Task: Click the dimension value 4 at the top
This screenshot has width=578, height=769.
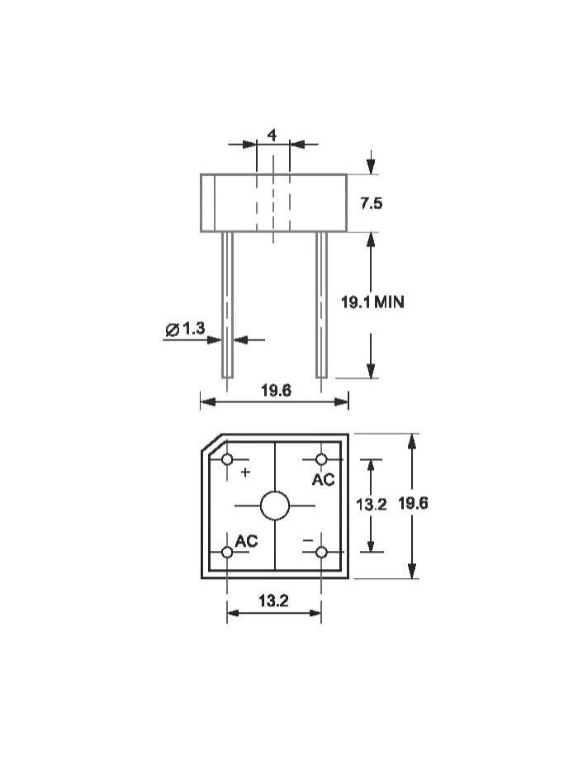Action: (x=272, y=135)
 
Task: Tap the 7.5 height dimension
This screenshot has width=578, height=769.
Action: (x=371, y=203)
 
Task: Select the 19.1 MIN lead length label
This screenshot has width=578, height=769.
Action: (x=372, y=302)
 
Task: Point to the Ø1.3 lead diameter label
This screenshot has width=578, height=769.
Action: (x=185, y=329)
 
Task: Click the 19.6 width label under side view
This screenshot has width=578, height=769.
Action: (x=276, y=391)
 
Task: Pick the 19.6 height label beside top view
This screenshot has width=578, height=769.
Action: (x=413, y=503)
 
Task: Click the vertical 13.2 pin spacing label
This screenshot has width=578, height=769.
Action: (x=371, y=504)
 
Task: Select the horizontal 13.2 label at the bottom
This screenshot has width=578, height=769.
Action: (x=273, y=600)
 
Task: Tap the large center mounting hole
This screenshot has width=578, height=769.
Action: (x=275, y=506)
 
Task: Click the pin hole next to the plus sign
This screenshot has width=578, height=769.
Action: (x=227, y=459)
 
